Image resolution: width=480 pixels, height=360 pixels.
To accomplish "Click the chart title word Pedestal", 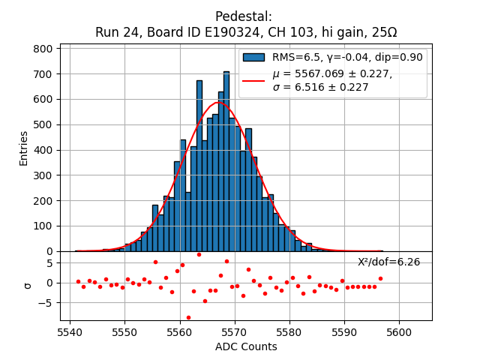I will tap(243, 16).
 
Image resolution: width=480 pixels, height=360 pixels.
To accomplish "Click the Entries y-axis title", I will tap(23, 148).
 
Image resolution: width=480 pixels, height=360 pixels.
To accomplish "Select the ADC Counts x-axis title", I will tap(246, 346).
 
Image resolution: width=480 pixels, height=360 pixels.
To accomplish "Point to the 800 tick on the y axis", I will tap(44, 49).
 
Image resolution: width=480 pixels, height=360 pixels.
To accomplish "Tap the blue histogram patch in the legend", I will tap(253, 57).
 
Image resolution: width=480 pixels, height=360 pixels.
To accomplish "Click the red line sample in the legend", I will tap(253, 80).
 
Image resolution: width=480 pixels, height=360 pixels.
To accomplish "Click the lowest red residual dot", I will tap(188, 317).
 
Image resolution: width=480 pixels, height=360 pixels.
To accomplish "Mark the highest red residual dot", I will tap(199, 254).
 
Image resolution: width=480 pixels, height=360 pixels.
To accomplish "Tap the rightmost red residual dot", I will tap(380, 278).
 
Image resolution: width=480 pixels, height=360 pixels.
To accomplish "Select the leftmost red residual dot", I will tap(78, 281).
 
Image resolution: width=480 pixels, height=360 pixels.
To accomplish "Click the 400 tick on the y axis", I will tap(44, 150).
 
